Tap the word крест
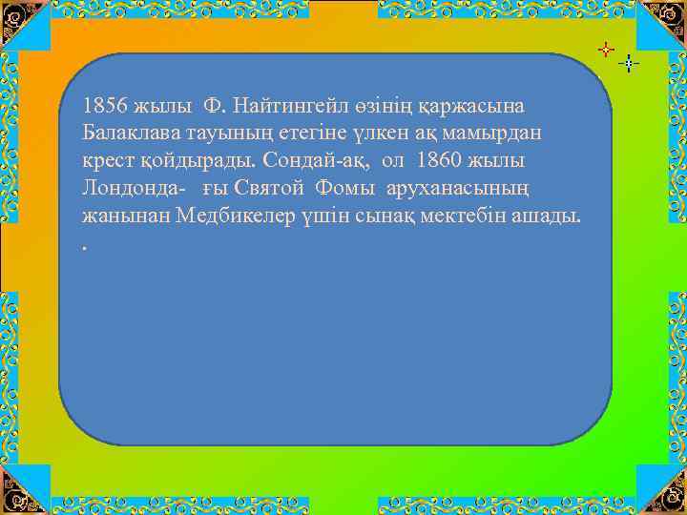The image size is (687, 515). coord(107,158)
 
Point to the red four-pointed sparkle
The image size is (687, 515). coord(605,49)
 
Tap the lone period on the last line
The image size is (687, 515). coord(85,246)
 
